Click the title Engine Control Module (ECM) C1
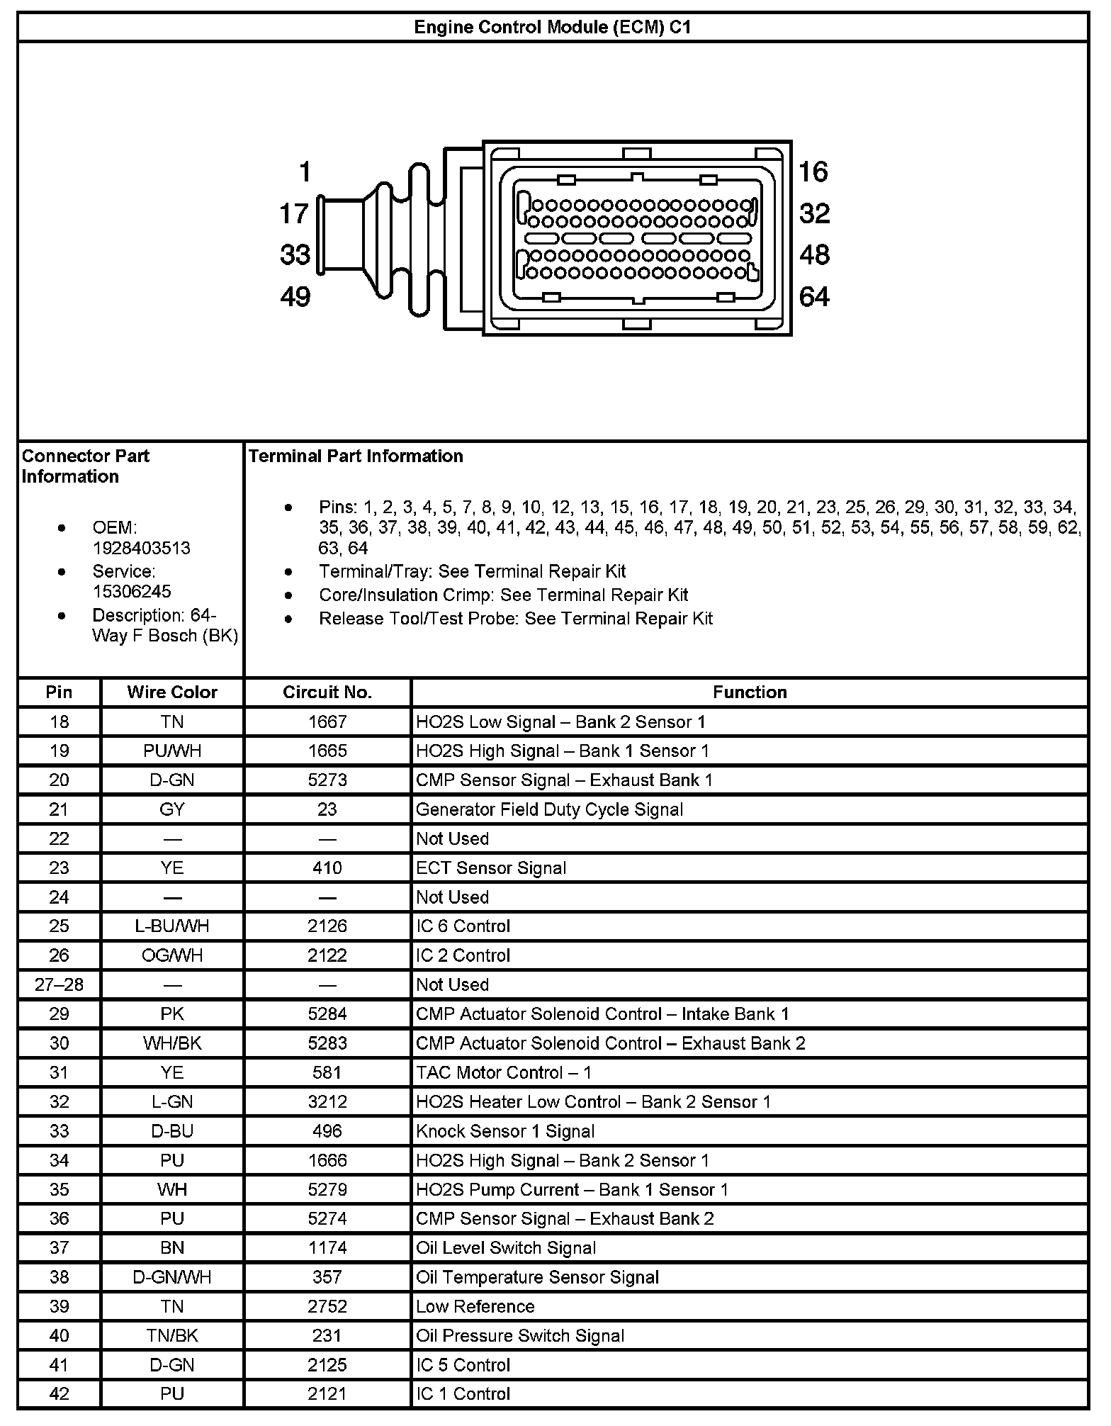click(552, 28)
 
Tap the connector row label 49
click(295, 296)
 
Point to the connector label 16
click(813, 172)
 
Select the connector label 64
click(813, 296)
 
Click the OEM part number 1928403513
click(141, 549)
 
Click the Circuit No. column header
click(327, 692)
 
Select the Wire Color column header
click(172, 692)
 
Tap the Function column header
click(750, 692)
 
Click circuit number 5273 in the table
click(327, 780)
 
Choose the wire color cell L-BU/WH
click(172, 926)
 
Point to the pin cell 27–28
click(60, 984)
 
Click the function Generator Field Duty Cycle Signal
click(549, 809)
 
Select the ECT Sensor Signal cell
click(491, 868)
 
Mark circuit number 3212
click(327, 1102)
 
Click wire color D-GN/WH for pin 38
click(172, 1277)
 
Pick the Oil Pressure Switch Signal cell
click(520, 1336)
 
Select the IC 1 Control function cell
click(463, 1394)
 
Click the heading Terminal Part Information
click(356, 456)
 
